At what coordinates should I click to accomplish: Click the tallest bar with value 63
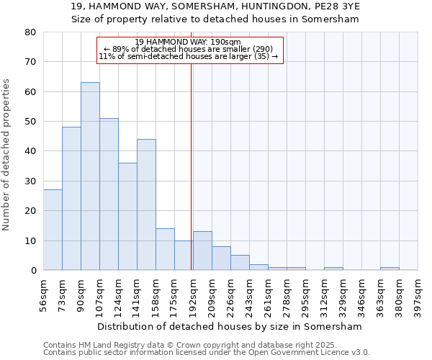pyautogui.click(x=90, y=176)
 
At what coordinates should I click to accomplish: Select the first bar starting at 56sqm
pyautogui.click(x=53, y=230)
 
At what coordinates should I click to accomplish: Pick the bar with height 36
pyautogui.click(x=127, y=216)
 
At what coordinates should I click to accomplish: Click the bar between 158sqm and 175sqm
pyautogui.click(x=165, y=249)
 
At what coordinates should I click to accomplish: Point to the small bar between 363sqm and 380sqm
pyautogui.click(x=390, y=269)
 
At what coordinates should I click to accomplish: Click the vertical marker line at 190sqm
pyautogui.click(x=191, y=166)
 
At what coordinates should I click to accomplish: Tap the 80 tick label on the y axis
pyautogui.click(x=30, y=32)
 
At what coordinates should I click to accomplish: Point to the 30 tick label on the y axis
pyautogui.click(x=30, y=181)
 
